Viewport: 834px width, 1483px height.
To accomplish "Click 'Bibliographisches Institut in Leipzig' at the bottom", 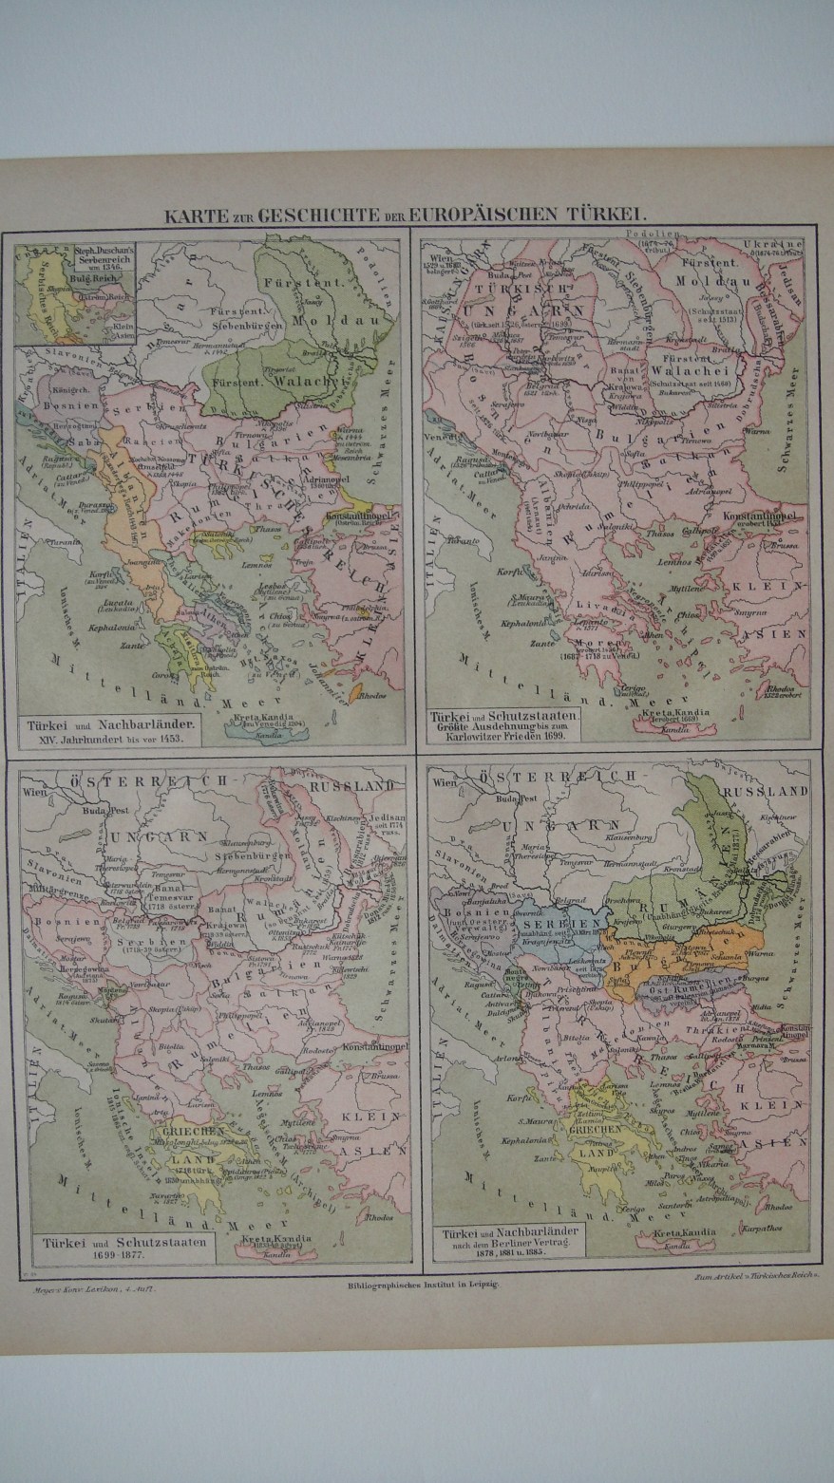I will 418,1283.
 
